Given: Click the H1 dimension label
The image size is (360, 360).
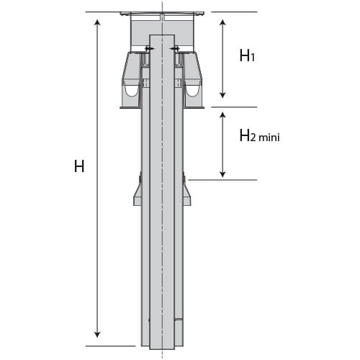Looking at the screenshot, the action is click(x=247, y=55).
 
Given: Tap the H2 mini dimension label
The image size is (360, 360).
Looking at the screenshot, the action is click(x=260, y=135).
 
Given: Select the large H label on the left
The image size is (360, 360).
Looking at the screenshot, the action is click(x=79, y=166).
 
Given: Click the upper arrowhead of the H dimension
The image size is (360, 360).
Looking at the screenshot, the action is click(x=97, y=22).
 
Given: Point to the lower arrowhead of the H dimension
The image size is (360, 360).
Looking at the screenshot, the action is click(x=97, y=335).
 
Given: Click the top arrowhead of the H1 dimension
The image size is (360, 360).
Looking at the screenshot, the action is click(x=223, y=22).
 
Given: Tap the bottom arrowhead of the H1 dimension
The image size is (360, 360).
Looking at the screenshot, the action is click(x=223, y=95).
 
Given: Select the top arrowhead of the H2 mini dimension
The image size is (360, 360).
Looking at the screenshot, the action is click(x=223, y=114).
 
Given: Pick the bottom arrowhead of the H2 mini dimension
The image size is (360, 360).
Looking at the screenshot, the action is click(x=223, y=174).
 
